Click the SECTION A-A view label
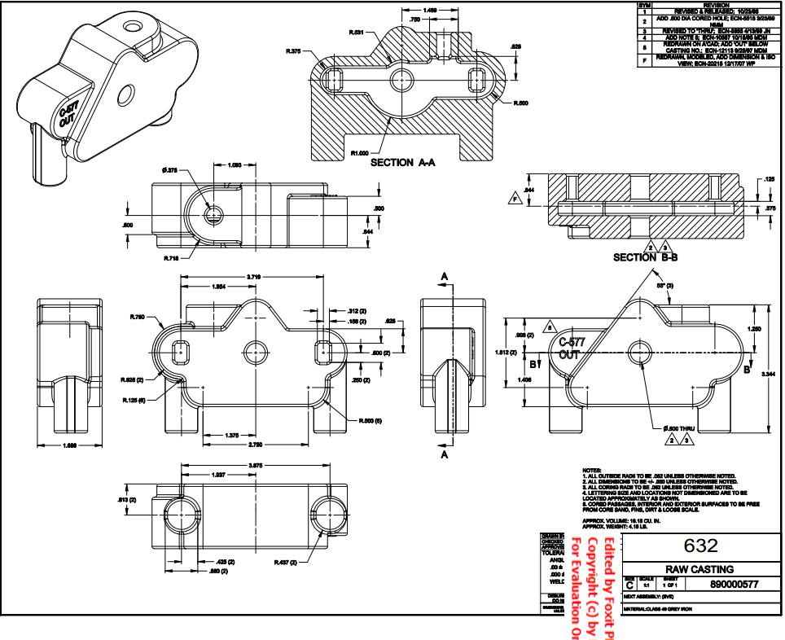point(403,163)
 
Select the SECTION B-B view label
point(646,257)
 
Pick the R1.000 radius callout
point(358,152)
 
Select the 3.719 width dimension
point(254,278)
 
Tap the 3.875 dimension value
point(255,466)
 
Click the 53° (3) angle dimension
point(665,287)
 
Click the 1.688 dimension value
point(71,445)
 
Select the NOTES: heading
point(591,471)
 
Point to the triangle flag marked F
point(514,197)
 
